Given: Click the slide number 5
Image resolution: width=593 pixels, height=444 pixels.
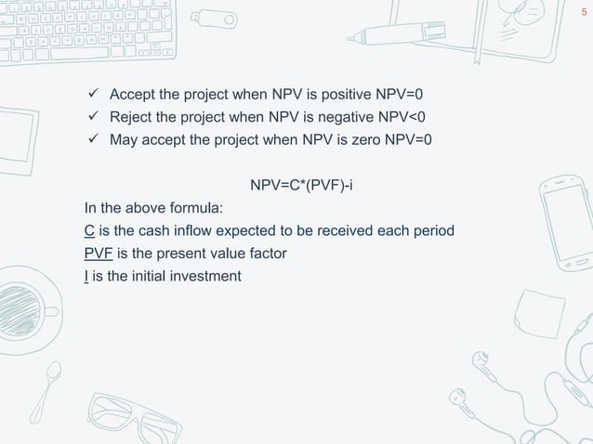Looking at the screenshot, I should click(583, 12).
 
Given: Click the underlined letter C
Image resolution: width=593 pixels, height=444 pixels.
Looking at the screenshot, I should click(88, 229).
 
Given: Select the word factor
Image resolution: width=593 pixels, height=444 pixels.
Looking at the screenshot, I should click(266, 252).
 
